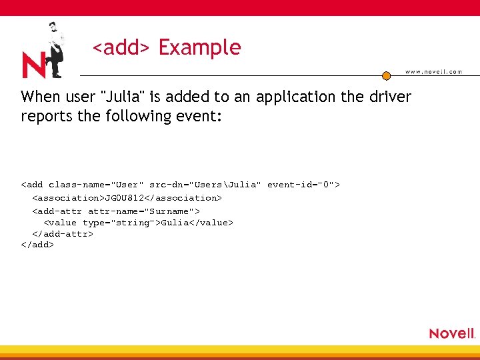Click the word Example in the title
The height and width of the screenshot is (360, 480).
(199, 48)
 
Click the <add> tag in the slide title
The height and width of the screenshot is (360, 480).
(121, 48)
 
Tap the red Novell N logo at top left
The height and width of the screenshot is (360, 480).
(33, 65)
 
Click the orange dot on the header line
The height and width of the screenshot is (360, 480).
(386, 75)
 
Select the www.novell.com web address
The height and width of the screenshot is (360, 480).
(433, 72)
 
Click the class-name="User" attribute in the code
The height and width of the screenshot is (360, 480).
(96, 184)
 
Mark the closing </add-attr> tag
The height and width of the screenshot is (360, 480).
(63, 234)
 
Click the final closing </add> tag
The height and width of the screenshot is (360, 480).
(37, 245)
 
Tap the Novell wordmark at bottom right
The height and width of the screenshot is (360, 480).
(452, 333)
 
